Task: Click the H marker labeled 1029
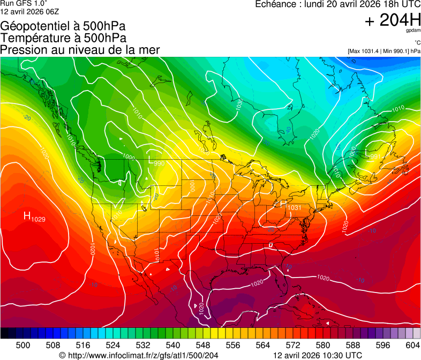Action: [27, 215]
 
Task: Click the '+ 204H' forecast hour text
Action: [393, 20]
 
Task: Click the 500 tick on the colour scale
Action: [23, 344]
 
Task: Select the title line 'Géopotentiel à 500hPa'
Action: [63, 26]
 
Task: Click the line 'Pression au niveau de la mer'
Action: [80, 50]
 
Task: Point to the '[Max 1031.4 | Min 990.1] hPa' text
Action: [384, 51]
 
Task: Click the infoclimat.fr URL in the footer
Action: [139, 355]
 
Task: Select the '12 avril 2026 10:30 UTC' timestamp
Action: [318, 355]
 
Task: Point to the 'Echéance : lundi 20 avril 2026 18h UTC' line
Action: [337, 4]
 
